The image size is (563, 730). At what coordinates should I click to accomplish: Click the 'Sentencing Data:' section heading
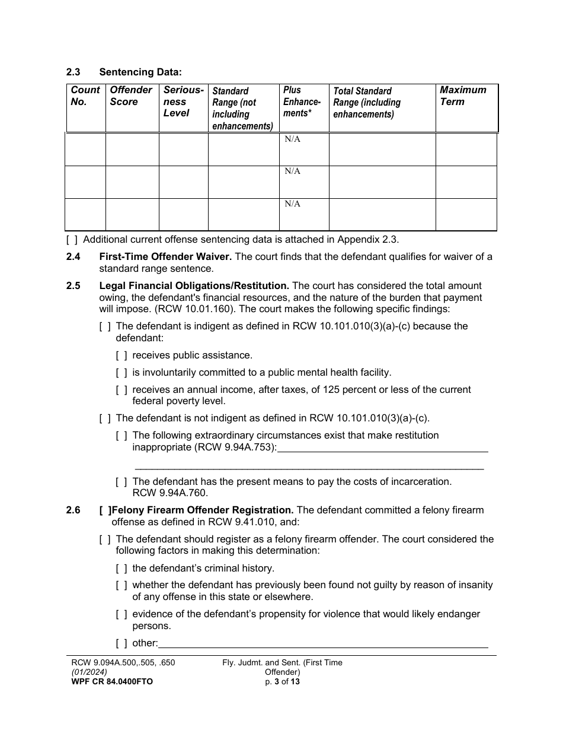click(x=140, y=72)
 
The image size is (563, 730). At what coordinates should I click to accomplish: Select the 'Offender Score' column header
click(x=131, y=96)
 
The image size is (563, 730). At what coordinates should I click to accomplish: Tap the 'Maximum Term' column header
click(x=462, y=96)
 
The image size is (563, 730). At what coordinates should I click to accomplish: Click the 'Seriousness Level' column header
click(x=183, y=101)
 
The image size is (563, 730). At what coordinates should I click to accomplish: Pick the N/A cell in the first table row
click(x=292, y=139)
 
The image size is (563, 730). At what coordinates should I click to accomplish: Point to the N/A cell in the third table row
click(x=292, y=204)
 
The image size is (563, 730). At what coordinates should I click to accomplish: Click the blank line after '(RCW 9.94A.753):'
click(x=382, y=447)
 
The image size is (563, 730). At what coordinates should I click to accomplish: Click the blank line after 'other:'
click(x=323, y=643)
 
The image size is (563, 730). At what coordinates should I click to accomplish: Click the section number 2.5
click(x=73, y=286)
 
